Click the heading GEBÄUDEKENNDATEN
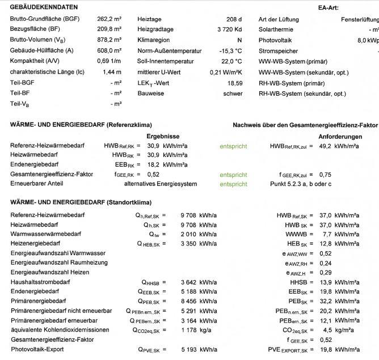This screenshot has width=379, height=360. pyautogui.click(x=44, y=7)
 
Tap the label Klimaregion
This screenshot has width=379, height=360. pyautogui.click(x=153, y=40)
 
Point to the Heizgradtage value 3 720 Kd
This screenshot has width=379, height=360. pyautogui.click(x=229, y=29)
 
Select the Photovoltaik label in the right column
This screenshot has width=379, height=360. pyautogui.click(x=274, y=40)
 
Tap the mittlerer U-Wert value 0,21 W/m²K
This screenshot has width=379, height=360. pyautogui.click(x=226, y=72)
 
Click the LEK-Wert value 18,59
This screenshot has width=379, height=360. pyautogui.click(x=234, y=83)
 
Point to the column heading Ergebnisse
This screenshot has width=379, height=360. pyautogui.click(x=163, y=137)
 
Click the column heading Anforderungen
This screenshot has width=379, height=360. pyautogui.click(x=340, y=137)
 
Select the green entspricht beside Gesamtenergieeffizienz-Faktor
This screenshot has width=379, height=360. pyautogui.click(x=233, y=174)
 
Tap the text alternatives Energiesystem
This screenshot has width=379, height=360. pyautogui.click(x=161, y=184)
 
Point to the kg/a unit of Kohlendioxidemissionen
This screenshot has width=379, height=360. pyautogui.click(x=208, y=330)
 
